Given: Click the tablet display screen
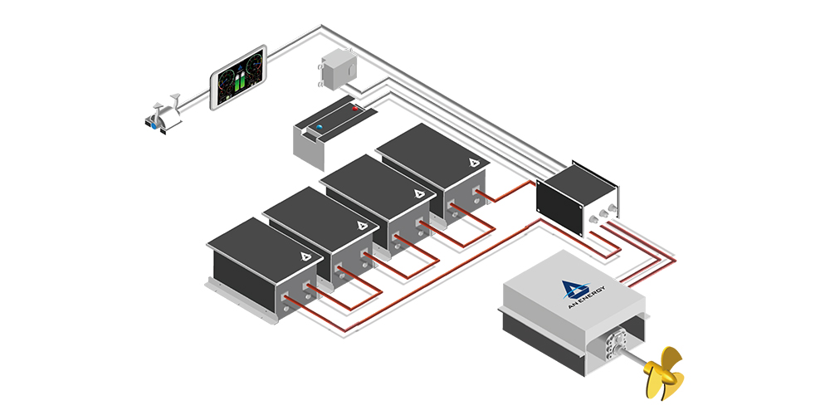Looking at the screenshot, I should (x=238, y=77).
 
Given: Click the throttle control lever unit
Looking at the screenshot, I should (x=165, y=115).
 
